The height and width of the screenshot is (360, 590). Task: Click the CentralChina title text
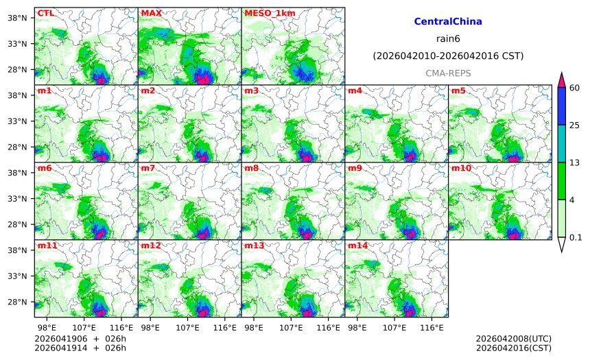(x=448, y=22)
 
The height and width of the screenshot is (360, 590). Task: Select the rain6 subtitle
(x=448, y=38)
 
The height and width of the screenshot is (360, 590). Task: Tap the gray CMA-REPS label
(x=448, y=73)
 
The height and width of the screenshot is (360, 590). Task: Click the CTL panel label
(x=45, y=13)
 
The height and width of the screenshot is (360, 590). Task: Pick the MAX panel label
(x=151, y=13)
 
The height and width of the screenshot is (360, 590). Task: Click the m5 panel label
(x=458, y=91)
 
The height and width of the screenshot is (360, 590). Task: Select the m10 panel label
(x=460, y=168)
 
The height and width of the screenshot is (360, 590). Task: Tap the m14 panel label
(x=357, y=245)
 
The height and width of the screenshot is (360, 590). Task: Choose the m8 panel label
(x=251, y=168)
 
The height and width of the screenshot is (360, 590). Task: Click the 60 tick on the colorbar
(x=575, y=87)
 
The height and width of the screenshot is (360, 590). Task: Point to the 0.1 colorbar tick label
(x=576, y=238)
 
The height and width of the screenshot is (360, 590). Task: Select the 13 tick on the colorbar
(x=575, y=162)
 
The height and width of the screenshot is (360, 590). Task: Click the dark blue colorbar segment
(x=561, y=106)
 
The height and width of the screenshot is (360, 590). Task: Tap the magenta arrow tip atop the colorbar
(x=561, y=80)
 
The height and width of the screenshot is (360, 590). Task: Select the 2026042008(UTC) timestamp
(x=513, y=338)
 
